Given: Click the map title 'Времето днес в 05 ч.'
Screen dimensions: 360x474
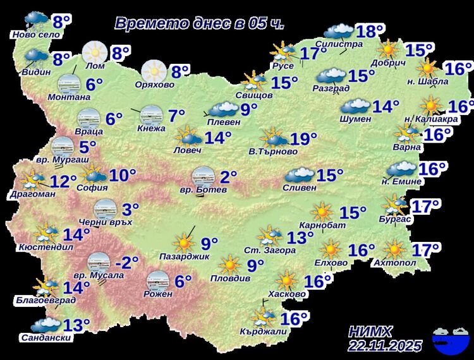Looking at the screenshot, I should [x=199, y=24].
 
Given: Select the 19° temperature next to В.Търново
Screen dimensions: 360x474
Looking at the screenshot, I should [x=303, y=139].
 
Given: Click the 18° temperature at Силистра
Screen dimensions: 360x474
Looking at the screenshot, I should [x=370, y=31].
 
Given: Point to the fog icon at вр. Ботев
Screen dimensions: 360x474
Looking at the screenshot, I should [x=203, y=176].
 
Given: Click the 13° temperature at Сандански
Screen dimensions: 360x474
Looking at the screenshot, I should [x=76, y=325].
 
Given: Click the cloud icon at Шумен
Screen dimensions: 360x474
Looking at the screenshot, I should [x=355, y=107].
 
